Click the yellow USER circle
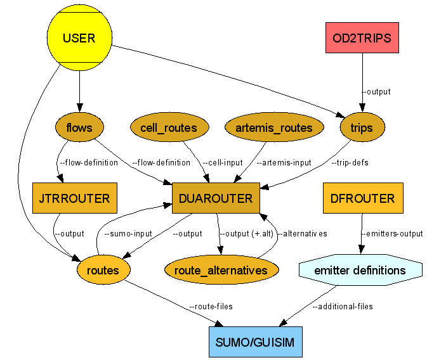pyautogui.click(x=79, y=38)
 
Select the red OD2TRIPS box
pyautogui.click(x=362, y=38)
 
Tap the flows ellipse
pyautogui.click(x=79, y=128)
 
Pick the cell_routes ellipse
pyautogui.click(x=168, y=128)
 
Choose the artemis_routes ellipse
pyautogui.click(x=274, y=128)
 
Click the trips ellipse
pyautogui.click(x=361, y=128)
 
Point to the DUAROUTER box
pyautogui.click(x=216, y=198)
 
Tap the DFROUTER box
pyautogui.click(x=362, y=198)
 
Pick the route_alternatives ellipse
pyautogui.click(x=221, y=270)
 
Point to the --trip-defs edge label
pyautogui.click(x=350, y=162)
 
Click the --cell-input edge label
pyautogui.click(x=222, y=162)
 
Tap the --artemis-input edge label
pyautogui.click(x=284, y=162)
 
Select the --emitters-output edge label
pyautogui.click(x=391, y=234)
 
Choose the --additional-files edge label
pyautogui.click(x=342, y=307)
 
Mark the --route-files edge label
pyautogui.click(x=211, y=307)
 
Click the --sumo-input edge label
pyautogui.click(x=128, y=234)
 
